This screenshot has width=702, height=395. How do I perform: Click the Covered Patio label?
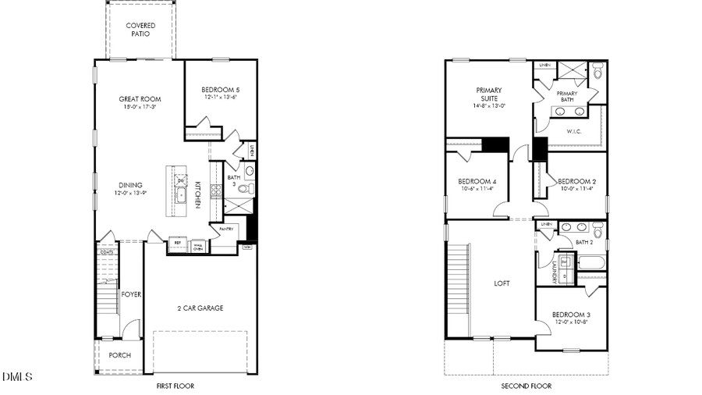(x=140, y=30)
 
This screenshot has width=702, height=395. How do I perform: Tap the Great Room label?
(x=140, y=99)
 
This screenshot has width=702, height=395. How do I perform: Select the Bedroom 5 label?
(x=219, y=89)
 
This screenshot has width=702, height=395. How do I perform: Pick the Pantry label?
(x=226, y=229)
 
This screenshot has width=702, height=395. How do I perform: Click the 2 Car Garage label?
(x=200, y=308)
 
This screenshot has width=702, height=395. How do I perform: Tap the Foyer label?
(x=131, y=294)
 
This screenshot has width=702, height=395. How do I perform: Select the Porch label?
(x=119, y=355)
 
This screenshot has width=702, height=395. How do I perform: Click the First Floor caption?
(x=175, y=386)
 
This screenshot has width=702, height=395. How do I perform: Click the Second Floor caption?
(x=526, y=386)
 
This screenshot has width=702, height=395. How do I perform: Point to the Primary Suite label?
(x=489, y=94)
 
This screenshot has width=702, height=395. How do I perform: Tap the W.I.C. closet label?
(x=574, y=131)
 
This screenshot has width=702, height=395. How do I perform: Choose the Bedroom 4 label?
(x=477, y=181)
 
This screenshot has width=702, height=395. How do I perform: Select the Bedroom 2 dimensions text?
(x=577, y=188)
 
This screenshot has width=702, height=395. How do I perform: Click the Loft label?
(x=502, y=283)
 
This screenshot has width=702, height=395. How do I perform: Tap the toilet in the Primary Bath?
(x=598, y=73)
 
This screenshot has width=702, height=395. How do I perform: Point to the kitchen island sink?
(x=181, y=195)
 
